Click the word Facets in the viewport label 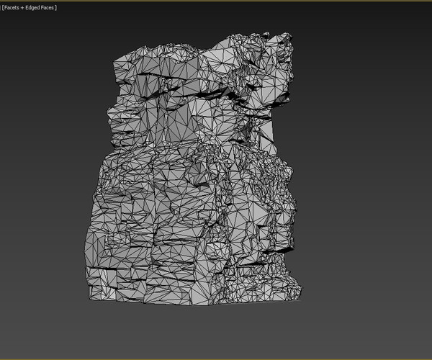[14, 7]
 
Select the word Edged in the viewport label [35, 7]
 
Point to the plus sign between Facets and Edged [25, 7]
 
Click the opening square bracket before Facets [2, 7]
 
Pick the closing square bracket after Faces [57, 7]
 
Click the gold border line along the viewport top [216, 1]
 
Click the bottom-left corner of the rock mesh [88, 297]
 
